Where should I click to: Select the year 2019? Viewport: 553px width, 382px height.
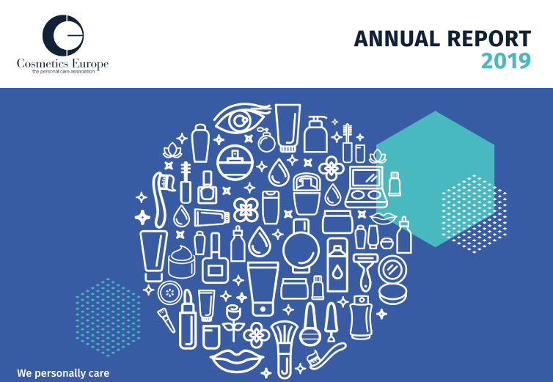point(505,62)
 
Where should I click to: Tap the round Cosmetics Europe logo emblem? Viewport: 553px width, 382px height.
point(62,32)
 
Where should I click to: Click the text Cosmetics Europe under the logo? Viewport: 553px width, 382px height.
point(62,64)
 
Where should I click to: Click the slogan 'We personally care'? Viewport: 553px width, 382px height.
point(63,373)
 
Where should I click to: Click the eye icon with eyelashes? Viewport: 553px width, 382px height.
point(242,121)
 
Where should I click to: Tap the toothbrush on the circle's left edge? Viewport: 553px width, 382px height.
point(160,194)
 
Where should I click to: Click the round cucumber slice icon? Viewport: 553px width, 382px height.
point(169,291)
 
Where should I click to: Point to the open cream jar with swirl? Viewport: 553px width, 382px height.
point(183,261)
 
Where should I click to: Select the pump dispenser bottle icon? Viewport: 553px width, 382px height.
point(315,133)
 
